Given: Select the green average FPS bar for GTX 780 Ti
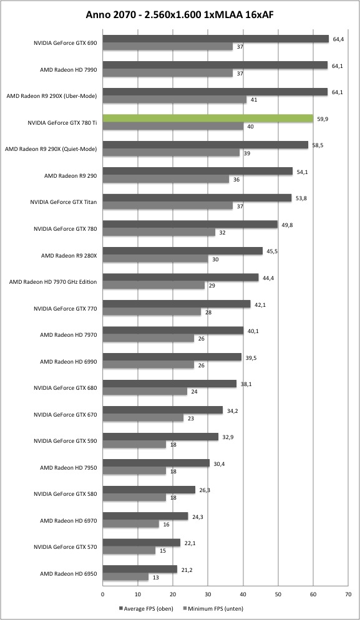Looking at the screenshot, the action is (208, 119).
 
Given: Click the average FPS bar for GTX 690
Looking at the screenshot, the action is (216, 39).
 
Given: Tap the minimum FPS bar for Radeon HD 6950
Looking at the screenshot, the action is (125, 578).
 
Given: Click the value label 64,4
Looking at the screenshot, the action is (338, 39).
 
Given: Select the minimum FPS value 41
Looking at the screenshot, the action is (254, 100).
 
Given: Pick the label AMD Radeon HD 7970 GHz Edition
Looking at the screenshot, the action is (53, 282).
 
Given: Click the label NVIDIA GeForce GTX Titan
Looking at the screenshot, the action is (63, 202).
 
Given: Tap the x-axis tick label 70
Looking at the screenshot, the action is (348, 594).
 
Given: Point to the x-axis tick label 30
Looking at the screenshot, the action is (208, 594).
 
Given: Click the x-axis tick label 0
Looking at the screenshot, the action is (102, 594).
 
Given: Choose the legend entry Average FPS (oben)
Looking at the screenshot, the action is (146, 609).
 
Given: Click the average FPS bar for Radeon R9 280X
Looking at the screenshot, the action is (183, 251).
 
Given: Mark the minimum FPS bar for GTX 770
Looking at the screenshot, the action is (152, 312).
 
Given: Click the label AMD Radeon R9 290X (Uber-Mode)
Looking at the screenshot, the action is (51, 95).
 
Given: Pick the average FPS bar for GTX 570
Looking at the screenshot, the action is (142, 543).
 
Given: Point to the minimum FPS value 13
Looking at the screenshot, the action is (156, 578).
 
